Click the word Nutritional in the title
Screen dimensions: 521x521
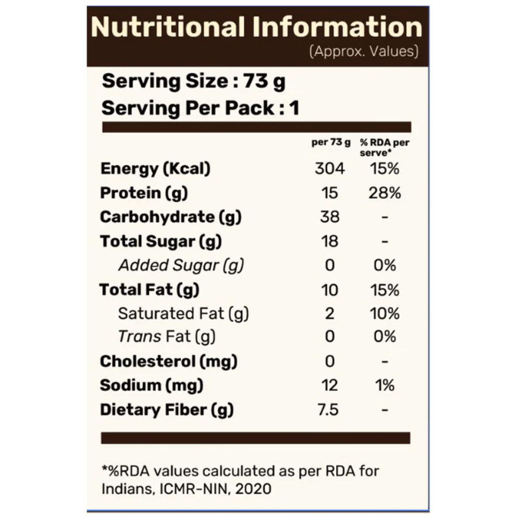pyautogui.click(x=168, y=28)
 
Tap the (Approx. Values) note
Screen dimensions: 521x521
pyautogui.click(x=364, y=52)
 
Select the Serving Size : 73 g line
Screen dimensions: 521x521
pyautogui.click(x=193, y=82)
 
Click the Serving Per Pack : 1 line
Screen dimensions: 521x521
pyautogui.click(x=200, y=109)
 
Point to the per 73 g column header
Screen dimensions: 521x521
pyautogui.click(x=331, y=143)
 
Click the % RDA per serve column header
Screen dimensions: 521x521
pyautogui.click(x=384, y=147)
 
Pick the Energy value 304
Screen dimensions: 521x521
pyautogui.click(x=330, y=169)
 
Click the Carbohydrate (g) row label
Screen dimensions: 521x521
pyautogui.click(x=170, y=217)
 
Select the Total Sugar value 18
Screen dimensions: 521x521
pyautogui.click(x=330, y=241)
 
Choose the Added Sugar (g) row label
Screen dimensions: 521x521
pyautogui.click(x=181, y=266)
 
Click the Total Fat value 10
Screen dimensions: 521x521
pyautogui.click(x=330, y=290)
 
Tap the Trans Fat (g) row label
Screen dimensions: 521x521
pyautogui.click(x=167, y=337)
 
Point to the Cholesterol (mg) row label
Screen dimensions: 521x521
pyautogui.click(x=168, y=362)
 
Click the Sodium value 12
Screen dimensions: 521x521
pyautogui.click(x=330, y=386)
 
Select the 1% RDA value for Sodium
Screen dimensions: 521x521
pyautogui.click(x=385, y=386)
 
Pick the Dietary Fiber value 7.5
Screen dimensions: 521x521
pyautogui.click(x=328, y=410)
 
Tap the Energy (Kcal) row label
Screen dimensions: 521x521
pyautogui.click(x=155, y=169)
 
